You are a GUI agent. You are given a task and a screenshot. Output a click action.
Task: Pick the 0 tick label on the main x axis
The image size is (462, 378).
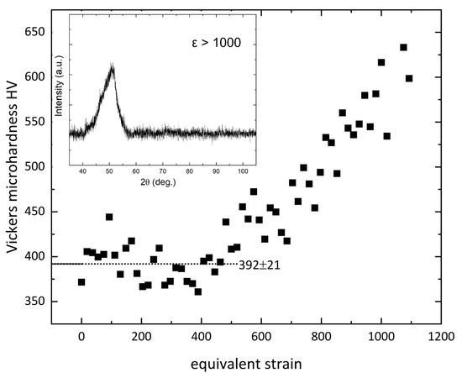coord(81,338)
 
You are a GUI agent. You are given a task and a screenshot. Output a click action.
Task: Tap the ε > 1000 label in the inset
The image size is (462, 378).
coord(214,41)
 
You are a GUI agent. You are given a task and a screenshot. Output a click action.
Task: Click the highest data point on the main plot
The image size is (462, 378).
coord(403,47)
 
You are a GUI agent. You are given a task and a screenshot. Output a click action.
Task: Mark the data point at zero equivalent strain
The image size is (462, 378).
coord(81,282)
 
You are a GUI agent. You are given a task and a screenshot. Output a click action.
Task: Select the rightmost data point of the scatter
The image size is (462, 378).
coord(410,78)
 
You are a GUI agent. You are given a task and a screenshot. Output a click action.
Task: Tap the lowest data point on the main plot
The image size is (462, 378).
coord(198,291)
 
